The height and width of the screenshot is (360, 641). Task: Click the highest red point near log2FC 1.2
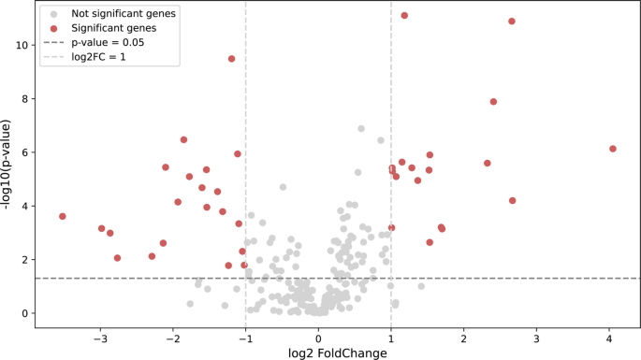pos(404,16)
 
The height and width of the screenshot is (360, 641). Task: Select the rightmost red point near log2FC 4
pos(613,149)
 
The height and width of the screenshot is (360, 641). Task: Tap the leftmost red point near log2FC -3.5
pos(63,216)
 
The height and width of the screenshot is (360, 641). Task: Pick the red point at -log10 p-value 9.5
pos(231,59)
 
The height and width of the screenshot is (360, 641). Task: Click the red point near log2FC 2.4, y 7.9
pos(493,102)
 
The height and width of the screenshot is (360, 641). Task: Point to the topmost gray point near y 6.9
pos(361,129)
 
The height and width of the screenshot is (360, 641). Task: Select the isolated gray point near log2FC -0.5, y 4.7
pos(283,187)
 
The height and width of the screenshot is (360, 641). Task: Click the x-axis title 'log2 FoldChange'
pos(318,353)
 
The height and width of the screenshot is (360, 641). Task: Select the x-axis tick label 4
pos(609,337)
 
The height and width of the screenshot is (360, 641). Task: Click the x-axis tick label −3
pos(100,337)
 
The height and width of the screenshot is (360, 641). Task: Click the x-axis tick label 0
pos(318,337)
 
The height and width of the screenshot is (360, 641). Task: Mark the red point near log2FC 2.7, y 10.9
pos(512,22)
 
